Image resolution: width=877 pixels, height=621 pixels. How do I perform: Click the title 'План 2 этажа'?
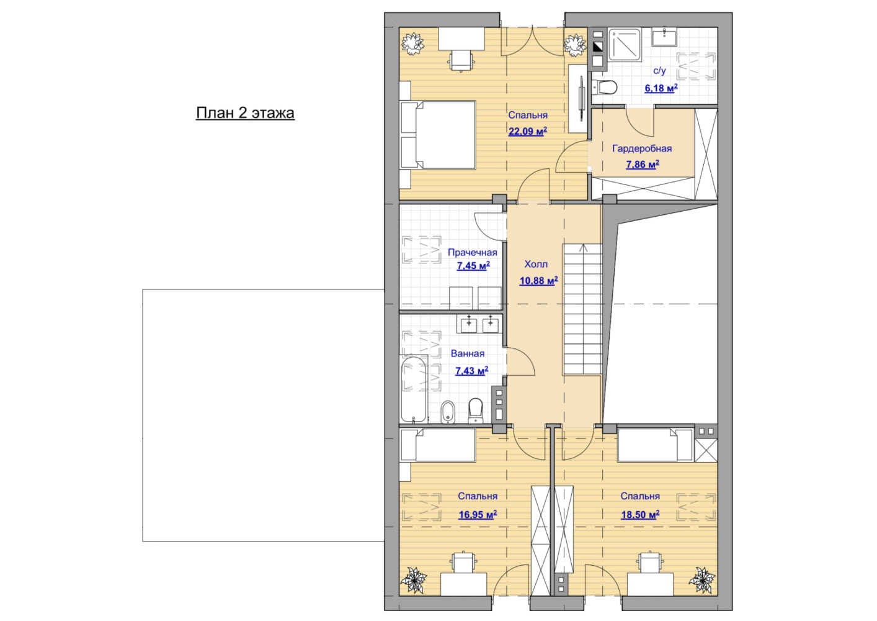coord(245,113)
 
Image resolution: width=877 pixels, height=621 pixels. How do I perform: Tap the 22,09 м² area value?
coord(527,131)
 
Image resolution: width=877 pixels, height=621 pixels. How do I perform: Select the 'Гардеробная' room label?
coord(642,148)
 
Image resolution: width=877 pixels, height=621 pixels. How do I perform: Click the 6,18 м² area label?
coord(661,88)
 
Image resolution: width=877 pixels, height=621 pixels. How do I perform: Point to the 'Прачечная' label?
coord(472,253)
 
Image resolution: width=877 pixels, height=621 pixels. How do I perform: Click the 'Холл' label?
coord(536,265)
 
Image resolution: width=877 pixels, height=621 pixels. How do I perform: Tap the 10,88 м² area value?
coord(538,280)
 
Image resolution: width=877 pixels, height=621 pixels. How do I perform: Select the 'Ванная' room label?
coord(468,353)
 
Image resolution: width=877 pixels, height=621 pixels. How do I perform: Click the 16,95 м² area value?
coord(478,514)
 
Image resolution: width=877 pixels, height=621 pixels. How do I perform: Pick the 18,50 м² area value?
coord(640,514)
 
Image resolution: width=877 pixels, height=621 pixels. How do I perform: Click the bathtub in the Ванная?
coord(414,389)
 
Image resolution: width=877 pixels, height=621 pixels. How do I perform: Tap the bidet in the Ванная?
coord(448,412)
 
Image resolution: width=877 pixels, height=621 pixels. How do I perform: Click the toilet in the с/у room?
coord(605,87)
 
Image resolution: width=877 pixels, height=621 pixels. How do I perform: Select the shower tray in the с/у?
coord(625,44)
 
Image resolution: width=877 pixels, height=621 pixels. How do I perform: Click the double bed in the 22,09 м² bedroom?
coord(438,135)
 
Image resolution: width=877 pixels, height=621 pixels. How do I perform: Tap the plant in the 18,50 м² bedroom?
coord(701,579)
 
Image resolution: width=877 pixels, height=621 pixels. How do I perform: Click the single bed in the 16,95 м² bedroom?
coord(438,445)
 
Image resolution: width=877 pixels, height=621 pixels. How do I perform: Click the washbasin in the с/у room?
coord(664,37)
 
